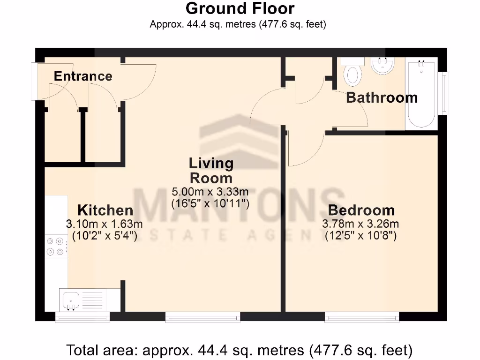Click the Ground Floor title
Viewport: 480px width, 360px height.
(x=240, y=8)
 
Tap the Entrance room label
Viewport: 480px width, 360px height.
(x=83, y=76)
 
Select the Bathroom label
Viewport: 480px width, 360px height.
(x=382, y=97)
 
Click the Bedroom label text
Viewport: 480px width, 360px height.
(x=361, y=210)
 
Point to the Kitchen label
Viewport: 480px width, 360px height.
(x=105, y=210)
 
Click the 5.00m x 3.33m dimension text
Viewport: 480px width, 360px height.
(x=210, y=192)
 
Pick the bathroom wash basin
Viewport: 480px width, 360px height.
(x=382, y=66)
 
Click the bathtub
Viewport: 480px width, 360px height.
(x=421, y=94)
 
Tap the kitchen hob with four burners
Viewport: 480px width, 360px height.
(x=55, y=247)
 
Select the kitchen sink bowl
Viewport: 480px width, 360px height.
(x=71, y=299)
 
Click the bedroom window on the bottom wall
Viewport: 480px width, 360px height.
(x=361, y=317)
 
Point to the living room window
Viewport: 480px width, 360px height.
(x=202, y=317)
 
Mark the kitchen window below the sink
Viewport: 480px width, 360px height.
(x=82, y=317)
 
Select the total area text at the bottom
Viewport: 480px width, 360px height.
(x=240, y=350)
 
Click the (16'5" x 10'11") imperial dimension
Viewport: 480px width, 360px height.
(x=210, y=203)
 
